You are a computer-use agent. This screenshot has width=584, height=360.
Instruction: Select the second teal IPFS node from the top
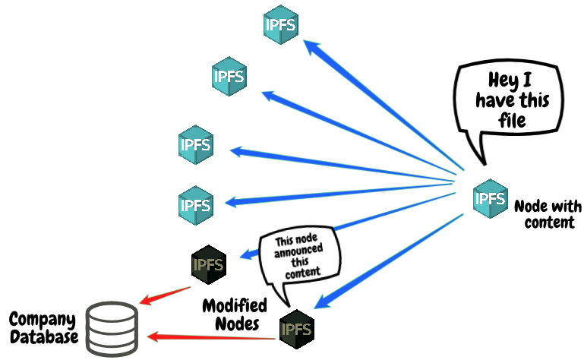229,76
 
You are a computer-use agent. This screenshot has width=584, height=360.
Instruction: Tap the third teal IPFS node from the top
195,144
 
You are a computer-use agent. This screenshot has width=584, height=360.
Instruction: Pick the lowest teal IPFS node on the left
195,204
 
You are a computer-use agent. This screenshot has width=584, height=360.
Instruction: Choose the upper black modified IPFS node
209,265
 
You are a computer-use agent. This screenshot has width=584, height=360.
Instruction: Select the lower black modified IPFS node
297,330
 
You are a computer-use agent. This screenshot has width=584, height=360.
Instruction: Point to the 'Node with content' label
548,213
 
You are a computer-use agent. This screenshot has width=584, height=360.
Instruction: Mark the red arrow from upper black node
165,295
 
